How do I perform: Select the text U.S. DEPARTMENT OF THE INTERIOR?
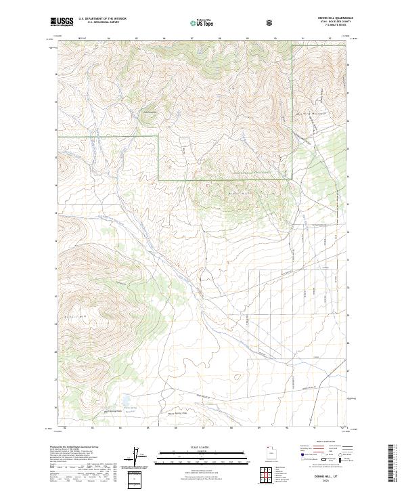click(x=101, y=19)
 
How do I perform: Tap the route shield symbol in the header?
click(x=271, y=23)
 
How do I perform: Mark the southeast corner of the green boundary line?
click(x=292, y=179)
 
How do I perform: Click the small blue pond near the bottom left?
click(x=125, y=400)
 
